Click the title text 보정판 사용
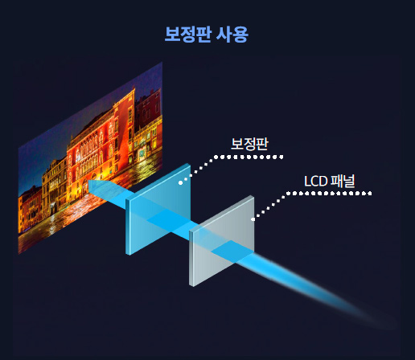(207, 35)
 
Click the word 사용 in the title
(232, 35)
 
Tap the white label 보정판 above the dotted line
(249, 144)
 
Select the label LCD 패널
(330, 181)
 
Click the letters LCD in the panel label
(315, 182)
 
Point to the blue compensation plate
(158, 209)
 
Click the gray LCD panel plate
(222, 241)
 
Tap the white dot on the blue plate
(181, 182)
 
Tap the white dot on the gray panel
(253, 219)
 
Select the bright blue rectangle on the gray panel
(232, 252)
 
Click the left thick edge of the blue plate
(128, 227)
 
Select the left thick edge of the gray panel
(191, 259)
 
